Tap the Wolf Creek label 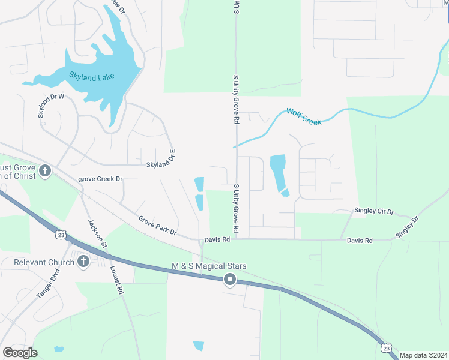[x=304, y=116]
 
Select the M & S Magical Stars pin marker [x=229, y=279]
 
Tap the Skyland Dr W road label [x=50, y=106]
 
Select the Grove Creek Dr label [x=100, y=179]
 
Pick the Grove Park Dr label [x=157, y=226]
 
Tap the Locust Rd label [x=116, y=279]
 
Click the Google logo [x=20, y=353]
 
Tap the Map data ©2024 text [x=423, y=355]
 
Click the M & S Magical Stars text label [x=209, y=266]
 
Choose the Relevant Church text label [x=40, y=262]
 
